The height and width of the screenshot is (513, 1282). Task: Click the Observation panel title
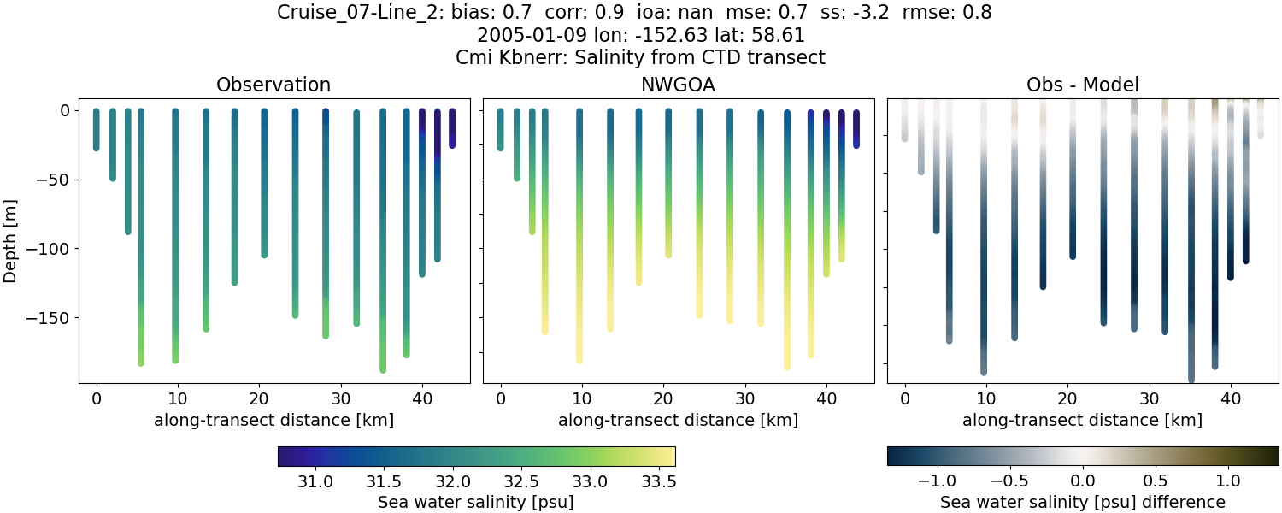coord(273,85)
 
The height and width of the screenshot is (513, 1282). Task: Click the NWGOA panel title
coord(679,85)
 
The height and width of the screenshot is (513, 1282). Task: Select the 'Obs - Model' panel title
coord(1082,85)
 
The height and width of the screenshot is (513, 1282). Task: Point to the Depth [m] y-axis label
coord(15,246)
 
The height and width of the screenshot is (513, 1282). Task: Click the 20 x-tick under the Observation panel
coord(259,398)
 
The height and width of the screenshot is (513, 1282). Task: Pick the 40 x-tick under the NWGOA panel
coord(826,398)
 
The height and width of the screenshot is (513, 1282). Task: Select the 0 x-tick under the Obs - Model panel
coord(905,398)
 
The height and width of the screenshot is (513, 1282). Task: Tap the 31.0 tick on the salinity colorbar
coord(316,482)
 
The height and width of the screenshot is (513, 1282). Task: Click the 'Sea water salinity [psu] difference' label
coord(1082,502)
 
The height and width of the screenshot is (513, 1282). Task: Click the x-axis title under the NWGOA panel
coord(679,420)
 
